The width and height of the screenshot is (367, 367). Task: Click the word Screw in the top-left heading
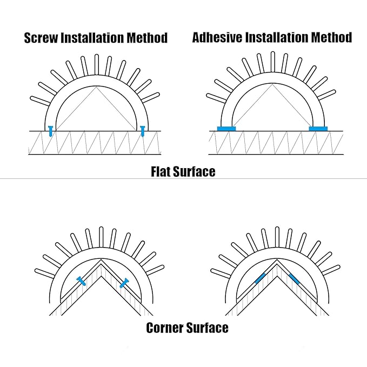point(42,38)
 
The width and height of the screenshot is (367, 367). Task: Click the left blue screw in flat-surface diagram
point(50,131)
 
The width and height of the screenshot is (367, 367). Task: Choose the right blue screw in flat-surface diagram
point(142,131)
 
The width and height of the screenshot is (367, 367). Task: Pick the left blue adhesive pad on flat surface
point(225,129)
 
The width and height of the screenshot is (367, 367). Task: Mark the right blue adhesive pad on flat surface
point(318,129)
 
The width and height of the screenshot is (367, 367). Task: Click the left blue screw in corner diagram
point(82,281)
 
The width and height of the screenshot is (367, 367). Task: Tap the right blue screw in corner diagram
point(124,281)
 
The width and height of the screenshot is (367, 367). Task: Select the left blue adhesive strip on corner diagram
point(260,278)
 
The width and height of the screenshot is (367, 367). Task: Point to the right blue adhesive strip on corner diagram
point(294,278)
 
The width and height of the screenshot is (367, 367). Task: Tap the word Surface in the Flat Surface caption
point(195,172)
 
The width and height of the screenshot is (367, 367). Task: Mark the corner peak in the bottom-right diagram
point(277,261)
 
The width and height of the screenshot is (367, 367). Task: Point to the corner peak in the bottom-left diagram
point(101,261)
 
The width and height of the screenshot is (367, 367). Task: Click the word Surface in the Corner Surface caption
point(208,328)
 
